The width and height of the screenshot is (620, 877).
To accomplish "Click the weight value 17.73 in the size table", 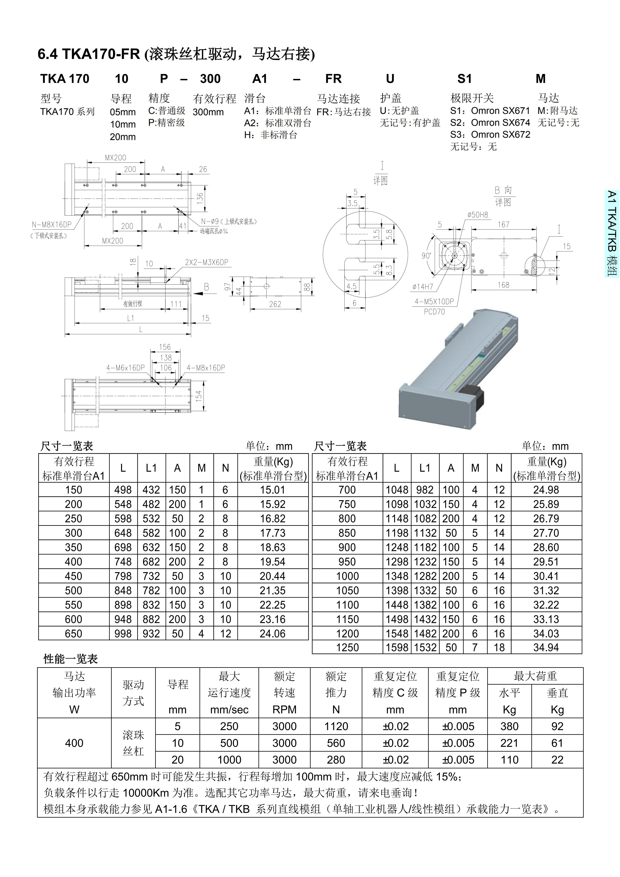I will pos(273,533).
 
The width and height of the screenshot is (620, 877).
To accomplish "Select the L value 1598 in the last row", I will pos(397,647).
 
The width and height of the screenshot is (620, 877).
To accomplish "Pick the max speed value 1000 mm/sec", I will pos(229,760).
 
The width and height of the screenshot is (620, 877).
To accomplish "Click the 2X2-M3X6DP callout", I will pos(207,262).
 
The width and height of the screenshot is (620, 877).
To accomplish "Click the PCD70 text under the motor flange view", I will pos(434,312).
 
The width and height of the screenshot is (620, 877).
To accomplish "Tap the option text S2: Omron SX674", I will pos(490,123).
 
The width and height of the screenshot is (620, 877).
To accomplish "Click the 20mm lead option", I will pos(123,137).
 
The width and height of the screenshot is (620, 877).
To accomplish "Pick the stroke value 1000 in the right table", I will pos(347,576).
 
